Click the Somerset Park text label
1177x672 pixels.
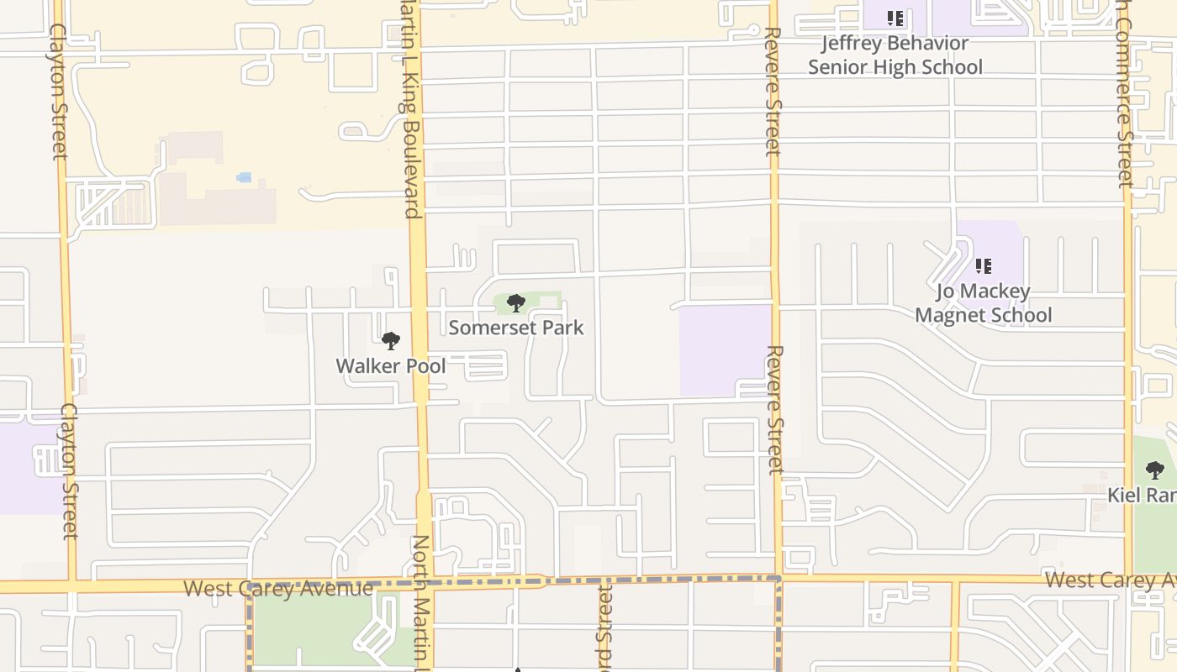click(515, 328)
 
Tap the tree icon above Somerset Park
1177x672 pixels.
click(516, 303)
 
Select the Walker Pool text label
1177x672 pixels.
click(391, 366)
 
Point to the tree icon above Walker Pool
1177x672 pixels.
click(390, 341)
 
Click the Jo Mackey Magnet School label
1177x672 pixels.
click(983, 303)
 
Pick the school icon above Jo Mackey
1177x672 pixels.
click(983, 266)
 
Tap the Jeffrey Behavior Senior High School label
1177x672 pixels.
click(895, 55)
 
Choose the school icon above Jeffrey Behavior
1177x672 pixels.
click(895, 18)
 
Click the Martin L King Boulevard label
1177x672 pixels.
click(409, 109)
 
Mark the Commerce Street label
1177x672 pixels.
click(1124, 92)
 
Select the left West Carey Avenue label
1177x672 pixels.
click(277, 588)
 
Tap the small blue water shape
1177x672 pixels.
click(244, 177)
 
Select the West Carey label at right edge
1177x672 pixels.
click(1110, 580)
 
